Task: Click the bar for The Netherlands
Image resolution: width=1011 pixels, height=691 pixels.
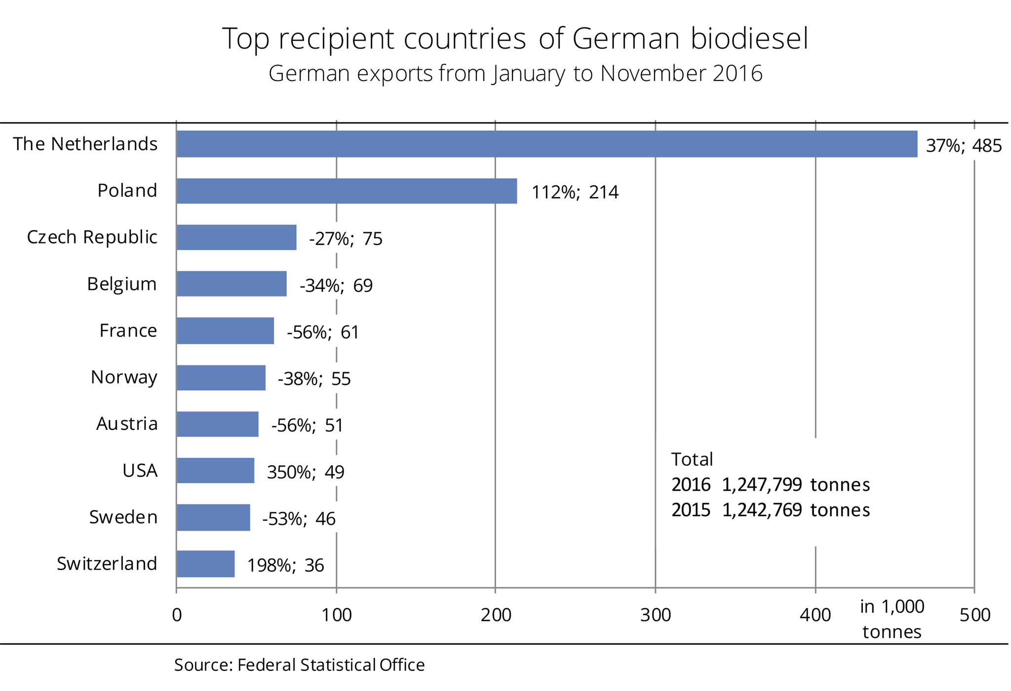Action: tap(546, 144)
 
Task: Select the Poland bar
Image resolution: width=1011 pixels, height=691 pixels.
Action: tap(347, 191)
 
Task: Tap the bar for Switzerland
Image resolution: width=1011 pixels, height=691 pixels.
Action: tap(205, 564)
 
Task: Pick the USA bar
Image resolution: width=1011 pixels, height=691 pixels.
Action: tap(215, 470)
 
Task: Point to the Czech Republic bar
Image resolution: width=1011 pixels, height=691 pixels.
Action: tap(236, 237)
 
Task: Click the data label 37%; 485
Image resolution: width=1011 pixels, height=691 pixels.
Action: tap(964, 146)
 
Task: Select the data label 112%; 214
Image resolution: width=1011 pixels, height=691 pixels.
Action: tap(575, 192)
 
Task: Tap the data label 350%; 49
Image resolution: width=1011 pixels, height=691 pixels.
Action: tap(306, 472)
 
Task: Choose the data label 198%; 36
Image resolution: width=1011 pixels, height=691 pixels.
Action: tap(285, 566)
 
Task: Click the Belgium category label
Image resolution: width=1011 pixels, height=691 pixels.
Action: tap(122, 284)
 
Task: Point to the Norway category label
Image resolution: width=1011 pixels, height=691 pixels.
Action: tap(124, 377)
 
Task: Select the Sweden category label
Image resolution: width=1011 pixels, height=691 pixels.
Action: tap(123, 517)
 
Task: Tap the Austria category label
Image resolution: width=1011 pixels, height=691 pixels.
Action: tap(127, 423)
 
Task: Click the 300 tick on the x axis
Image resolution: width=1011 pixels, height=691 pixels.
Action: tap(656, 615)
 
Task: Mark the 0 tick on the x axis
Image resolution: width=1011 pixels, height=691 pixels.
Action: tap(177, 615)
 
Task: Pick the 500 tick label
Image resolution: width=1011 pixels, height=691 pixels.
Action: tap(975, 615)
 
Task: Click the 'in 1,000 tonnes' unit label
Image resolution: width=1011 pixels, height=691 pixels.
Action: tap(892, 619)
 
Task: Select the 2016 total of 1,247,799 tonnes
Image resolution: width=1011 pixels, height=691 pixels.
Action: tap(771, 485)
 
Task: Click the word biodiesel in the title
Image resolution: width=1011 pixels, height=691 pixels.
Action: tap(749, 38)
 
